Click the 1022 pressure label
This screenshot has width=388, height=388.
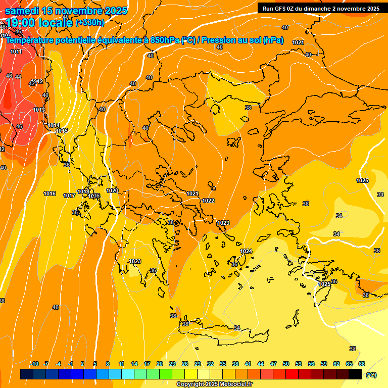208,201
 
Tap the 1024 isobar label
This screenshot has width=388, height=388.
246,251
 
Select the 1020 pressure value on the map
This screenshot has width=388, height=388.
112,190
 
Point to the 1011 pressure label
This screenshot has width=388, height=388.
16,52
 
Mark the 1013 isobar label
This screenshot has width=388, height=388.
39,110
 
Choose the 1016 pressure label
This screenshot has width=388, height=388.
50,193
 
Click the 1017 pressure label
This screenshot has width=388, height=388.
69,196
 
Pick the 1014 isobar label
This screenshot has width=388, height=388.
54,125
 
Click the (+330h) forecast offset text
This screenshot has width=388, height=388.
90,22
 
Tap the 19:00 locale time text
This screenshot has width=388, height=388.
39,22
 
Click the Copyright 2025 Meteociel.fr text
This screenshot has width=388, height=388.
214,384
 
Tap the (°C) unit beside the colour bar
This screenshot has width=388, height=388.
371,375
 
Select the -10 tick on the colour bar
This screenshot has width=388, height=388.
34,364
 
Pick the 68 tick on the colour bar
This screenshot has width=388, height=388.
362,364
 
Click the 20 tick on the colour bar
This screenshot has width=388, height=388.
159,364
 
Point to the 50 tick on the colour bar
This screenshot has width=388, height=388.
286,364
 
